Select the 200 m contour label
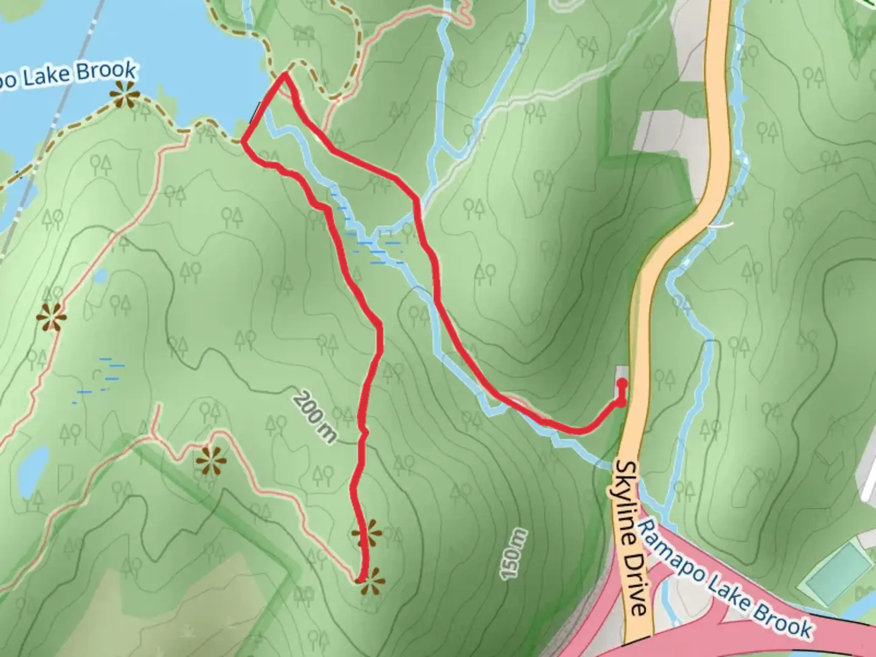pos(314,417)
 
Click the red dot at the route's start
pos(622,383)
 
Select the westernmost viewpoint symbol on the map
pos(50,317)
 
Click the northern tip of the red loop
pos(285,75)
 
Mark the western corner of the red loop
pos(243,143)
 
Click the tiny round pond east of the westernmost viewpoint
pos(100,277)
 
